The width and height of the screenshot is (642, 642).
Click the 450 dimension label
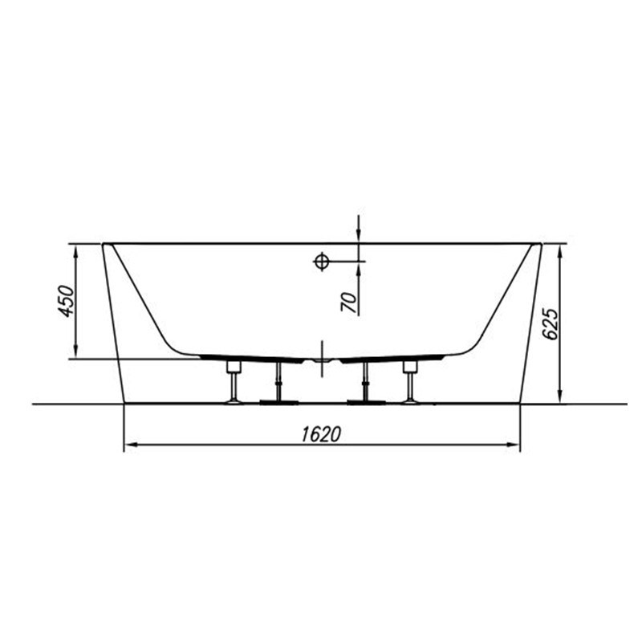[67, 301]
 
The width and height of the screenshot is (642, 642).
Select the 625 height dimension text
[551, 323]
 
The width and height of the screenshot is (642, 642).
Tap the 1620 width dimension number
[322, 434]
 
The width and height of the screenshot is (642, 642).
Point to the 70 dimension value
[349, 303]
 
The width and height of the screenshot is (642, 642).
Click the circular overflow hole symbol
[322, 261]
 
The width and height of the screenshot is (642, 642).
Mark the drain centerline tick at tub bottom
[322, 359]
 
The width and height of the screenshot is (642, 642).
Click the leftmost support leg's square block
[234, 367]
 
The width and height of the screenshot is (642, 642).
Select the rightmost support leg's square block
[409, 367]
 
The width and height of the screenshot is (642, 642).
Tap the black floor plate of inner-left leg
[278, 402]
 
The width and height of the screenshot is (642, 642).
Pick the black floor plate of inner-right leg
[366, 402]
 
